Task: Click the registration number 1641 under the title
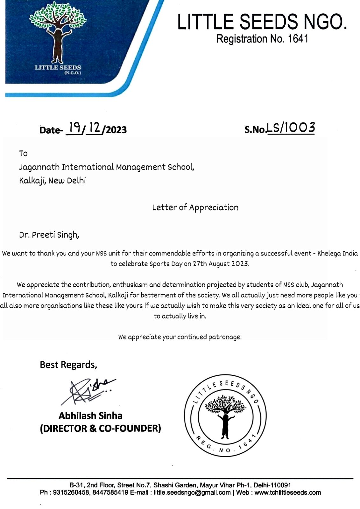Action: point(298,39)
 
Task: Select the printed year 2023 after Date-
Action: point(116,130)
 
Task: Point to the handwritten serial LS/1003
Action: point(291,128)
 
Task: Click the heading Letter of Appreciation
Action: point(195,207)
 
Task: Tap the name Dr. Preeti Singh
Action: point(49,235)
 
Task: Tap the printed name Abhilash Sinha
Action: point(90,415)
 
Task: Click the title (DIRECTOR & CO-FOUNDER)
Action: point(100,428)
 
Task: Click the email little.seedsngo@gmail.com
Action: point(192,492)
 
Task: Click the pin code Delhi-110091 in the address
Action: point(272,485)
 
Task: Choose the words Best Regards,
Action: point(68,365)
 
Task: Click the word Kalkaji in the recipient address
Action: point(31,181)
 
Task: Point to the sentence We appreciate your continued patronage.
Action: point(180,337)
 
